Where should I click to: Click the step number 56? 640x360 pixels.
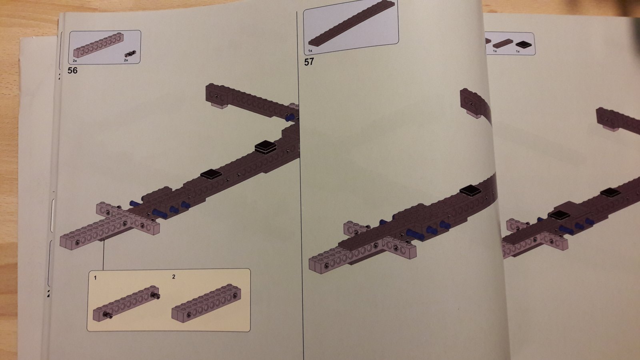click(72, 70)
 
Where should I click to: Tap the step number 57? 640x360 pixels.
click(309, 62)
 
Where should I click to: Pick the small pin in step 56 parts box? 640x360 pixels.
click(130, 54)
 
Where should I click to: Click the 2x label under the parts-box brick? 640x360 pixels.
click(75, 61)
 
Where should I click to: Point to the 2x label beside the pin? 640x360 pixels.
click(126, 60)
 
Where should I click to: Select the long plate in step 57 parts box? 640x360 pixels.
click(352, 24)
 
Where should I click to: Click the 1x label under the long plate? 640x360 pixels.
click(310, 51)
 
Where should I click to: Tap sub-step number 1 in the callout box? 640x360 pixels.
click(95, 278)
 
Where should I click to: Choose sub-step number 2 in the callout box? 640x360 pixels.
click(174, 276)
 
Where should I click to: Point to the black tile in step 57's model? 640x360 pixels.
click(470, 190)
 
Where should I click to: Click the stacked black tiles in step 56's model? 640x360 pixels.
click(266, 147)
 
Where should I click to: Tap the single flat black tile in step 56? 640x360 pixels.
click(211, 174)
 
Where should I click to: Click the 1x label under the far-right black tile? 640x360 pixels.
click(518, 52)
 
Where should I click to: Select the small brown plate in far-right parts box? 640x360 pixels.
click(499, 43)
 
